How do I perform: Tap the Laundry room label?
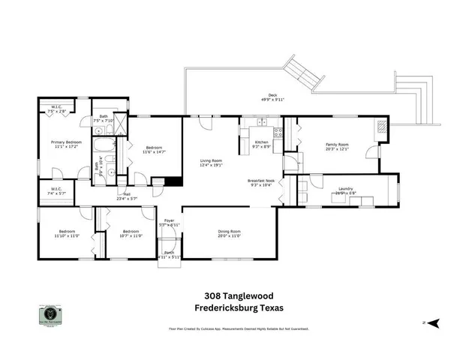345,189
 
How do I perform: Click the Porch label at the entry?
170,253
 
